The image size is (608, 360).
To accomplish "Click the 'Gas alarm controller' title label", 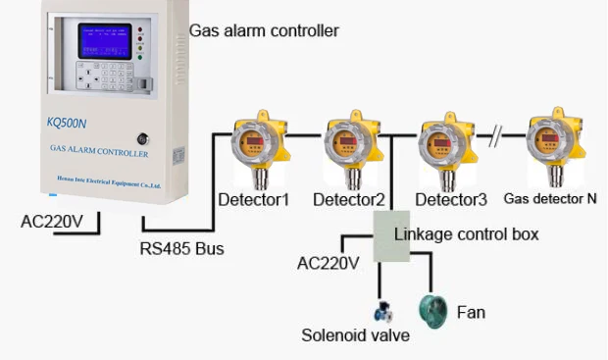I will tap(264, 31).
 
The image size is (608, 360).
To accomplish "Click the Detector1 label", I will tap(253, 200).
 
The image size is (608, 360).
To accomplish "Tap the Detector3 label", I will tap(450, 200).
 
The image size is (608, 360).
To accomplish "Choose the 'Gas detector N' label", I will tap(550, 198).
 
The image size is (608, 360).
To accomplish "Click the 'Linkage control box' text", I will tap(466, 234).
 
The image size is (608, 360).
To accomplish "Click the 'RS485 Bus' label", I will tap(181, 249).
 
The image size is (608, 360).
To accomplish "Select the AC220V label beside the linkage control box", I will tap(328, 263).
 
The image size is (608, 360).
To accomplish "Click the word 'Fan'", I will tap(471, 313).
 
